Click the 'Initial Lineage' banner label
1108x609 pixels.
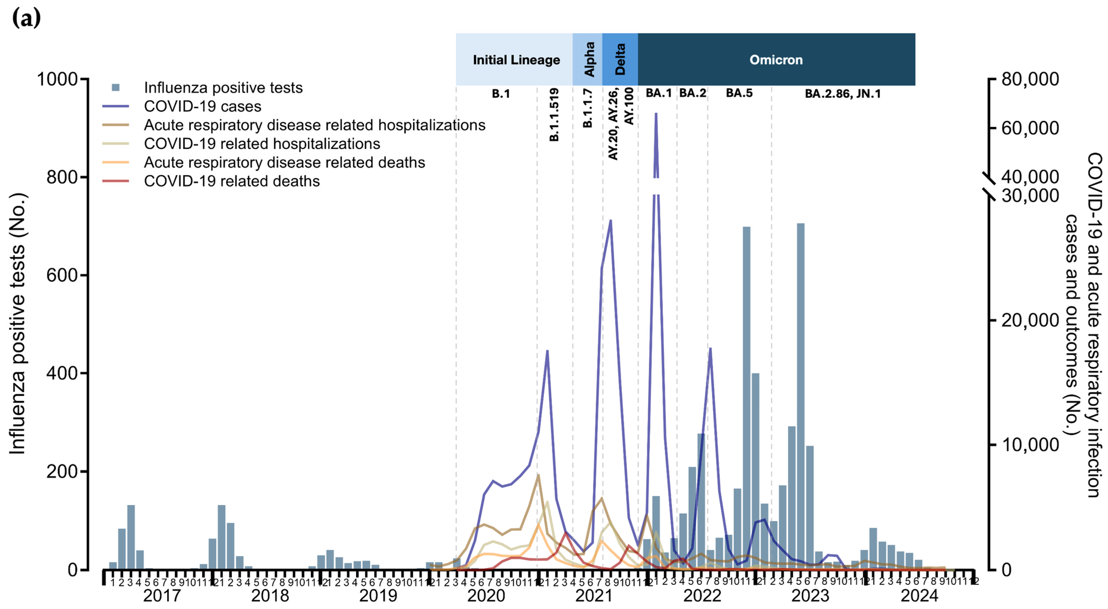click(516, 60)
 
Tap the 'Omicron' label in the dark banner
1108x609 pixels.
click(776, 60)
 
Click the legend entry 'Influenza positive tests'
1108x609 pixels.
click(223, 88)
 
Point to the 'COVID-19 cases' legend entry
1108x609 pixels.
click(202, 106)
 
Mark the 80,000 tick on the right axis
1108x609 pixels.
click(1030, 79)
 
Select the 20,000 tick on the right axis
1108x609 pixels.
click(1030, 321)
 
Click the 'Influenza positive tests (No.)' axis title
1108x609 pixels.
click(18, 323)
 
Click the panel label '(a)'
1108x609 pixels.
click(26, 18)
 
